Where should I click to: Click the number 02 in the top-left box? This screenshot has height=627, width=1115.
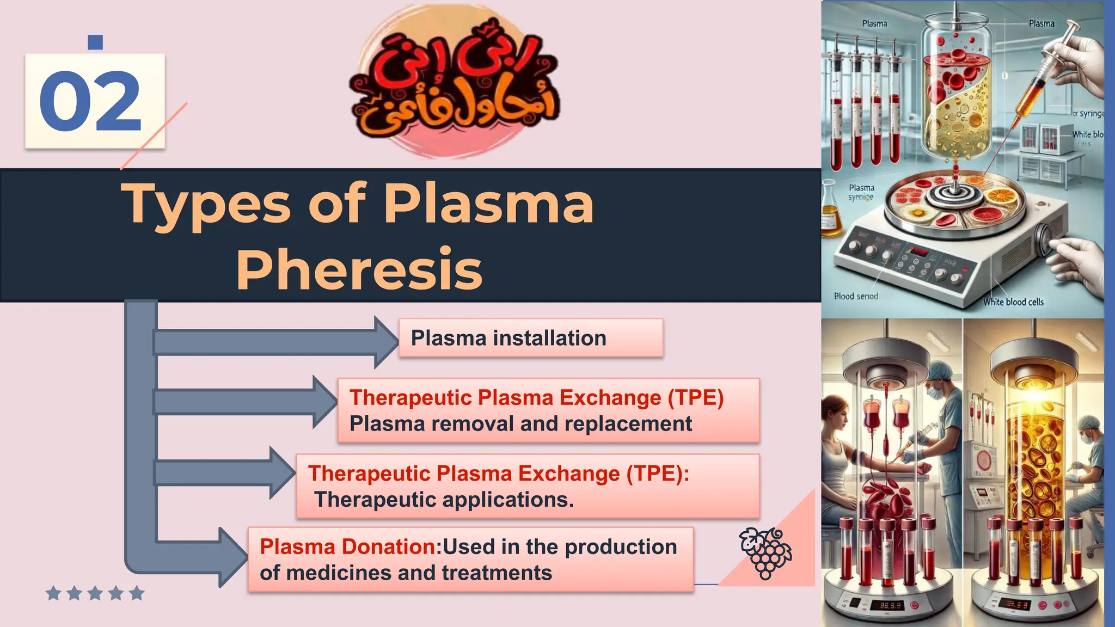90,101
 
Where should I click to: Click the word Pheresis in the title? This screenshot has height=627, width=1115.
359,269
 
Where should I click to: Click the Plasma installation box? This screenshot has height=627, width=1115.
531,338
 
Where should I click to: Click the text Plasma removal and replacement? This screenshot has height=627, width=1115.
520,424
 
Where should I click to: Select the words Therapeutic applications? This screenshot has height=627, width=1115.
444,500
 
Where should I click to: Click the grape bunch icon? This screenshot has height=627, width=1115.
764,552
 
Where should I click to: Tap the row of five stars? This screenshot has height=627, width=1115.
95,593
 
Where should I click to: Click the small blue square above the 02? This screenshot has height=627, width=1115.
95,42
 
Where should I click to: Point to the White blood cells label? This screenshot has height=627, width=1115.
1013,302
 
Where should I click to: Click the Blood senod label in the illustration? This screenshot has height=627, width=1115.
856,296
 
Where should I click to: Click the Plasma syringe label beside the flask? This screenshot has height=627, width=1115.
861,192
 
